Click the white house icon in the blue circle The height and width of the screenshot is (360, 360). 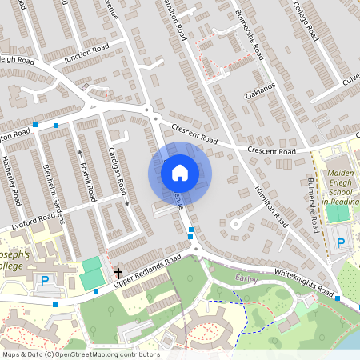coord(180,172)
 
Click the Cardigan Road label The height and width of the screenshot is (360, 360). coord(117,170)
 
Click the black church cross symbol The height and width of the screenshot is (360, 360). coord(118,272)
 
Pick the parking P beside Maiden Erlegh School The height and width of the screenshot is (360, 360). coord(341,243)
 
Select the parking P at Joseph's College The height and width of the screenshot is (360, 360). coord(45,280)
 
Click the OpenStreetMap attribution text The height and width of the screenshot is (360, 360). coord(81,354)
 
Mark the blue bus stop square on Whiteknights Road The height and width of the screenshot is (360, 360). coord(338,298)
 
